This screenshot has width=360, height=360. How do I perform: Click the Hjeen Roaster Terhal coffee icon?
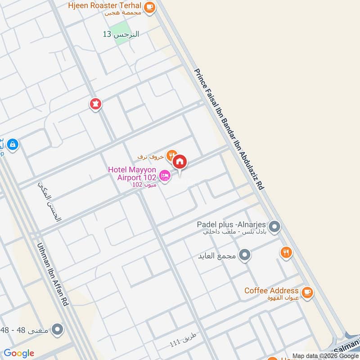coord(150,7)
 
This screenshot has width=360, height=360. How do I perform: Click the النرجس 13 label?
coord(121,34)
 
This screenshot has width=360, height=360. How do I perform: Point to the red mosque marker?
coord(95,104)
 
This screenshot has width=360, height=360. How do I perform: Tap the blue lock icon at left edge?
coord(13,144)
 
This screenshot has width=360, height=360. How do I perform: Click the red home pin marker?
coord(180,162)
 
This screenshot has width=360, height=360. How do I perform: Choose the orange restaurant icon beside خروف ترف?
coord(171,156)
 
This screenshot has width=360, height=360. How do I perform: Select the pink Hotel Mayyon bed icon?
coord(165,175)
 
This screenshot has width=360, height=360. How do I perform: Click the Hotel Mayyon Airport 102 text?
coord(132,173)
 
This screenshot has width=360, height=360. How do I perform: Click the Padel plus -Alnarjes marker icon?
coord(274,227)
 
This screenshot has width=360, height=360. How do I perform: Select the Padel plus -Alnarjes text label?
coord(232,224)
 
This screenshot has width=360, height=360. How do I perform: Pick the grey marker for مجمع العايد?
coord(245,256)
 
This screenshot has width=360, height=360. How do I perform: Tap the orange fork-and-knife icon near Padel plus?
coord(286,252)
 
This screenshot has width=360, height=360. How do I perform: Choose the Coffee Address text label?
coord(271,291)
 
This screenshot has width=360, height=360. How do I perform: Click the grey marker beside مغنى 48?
coord(57,330)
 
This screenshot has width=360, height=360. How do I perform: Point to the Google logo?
coord(19,353)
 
